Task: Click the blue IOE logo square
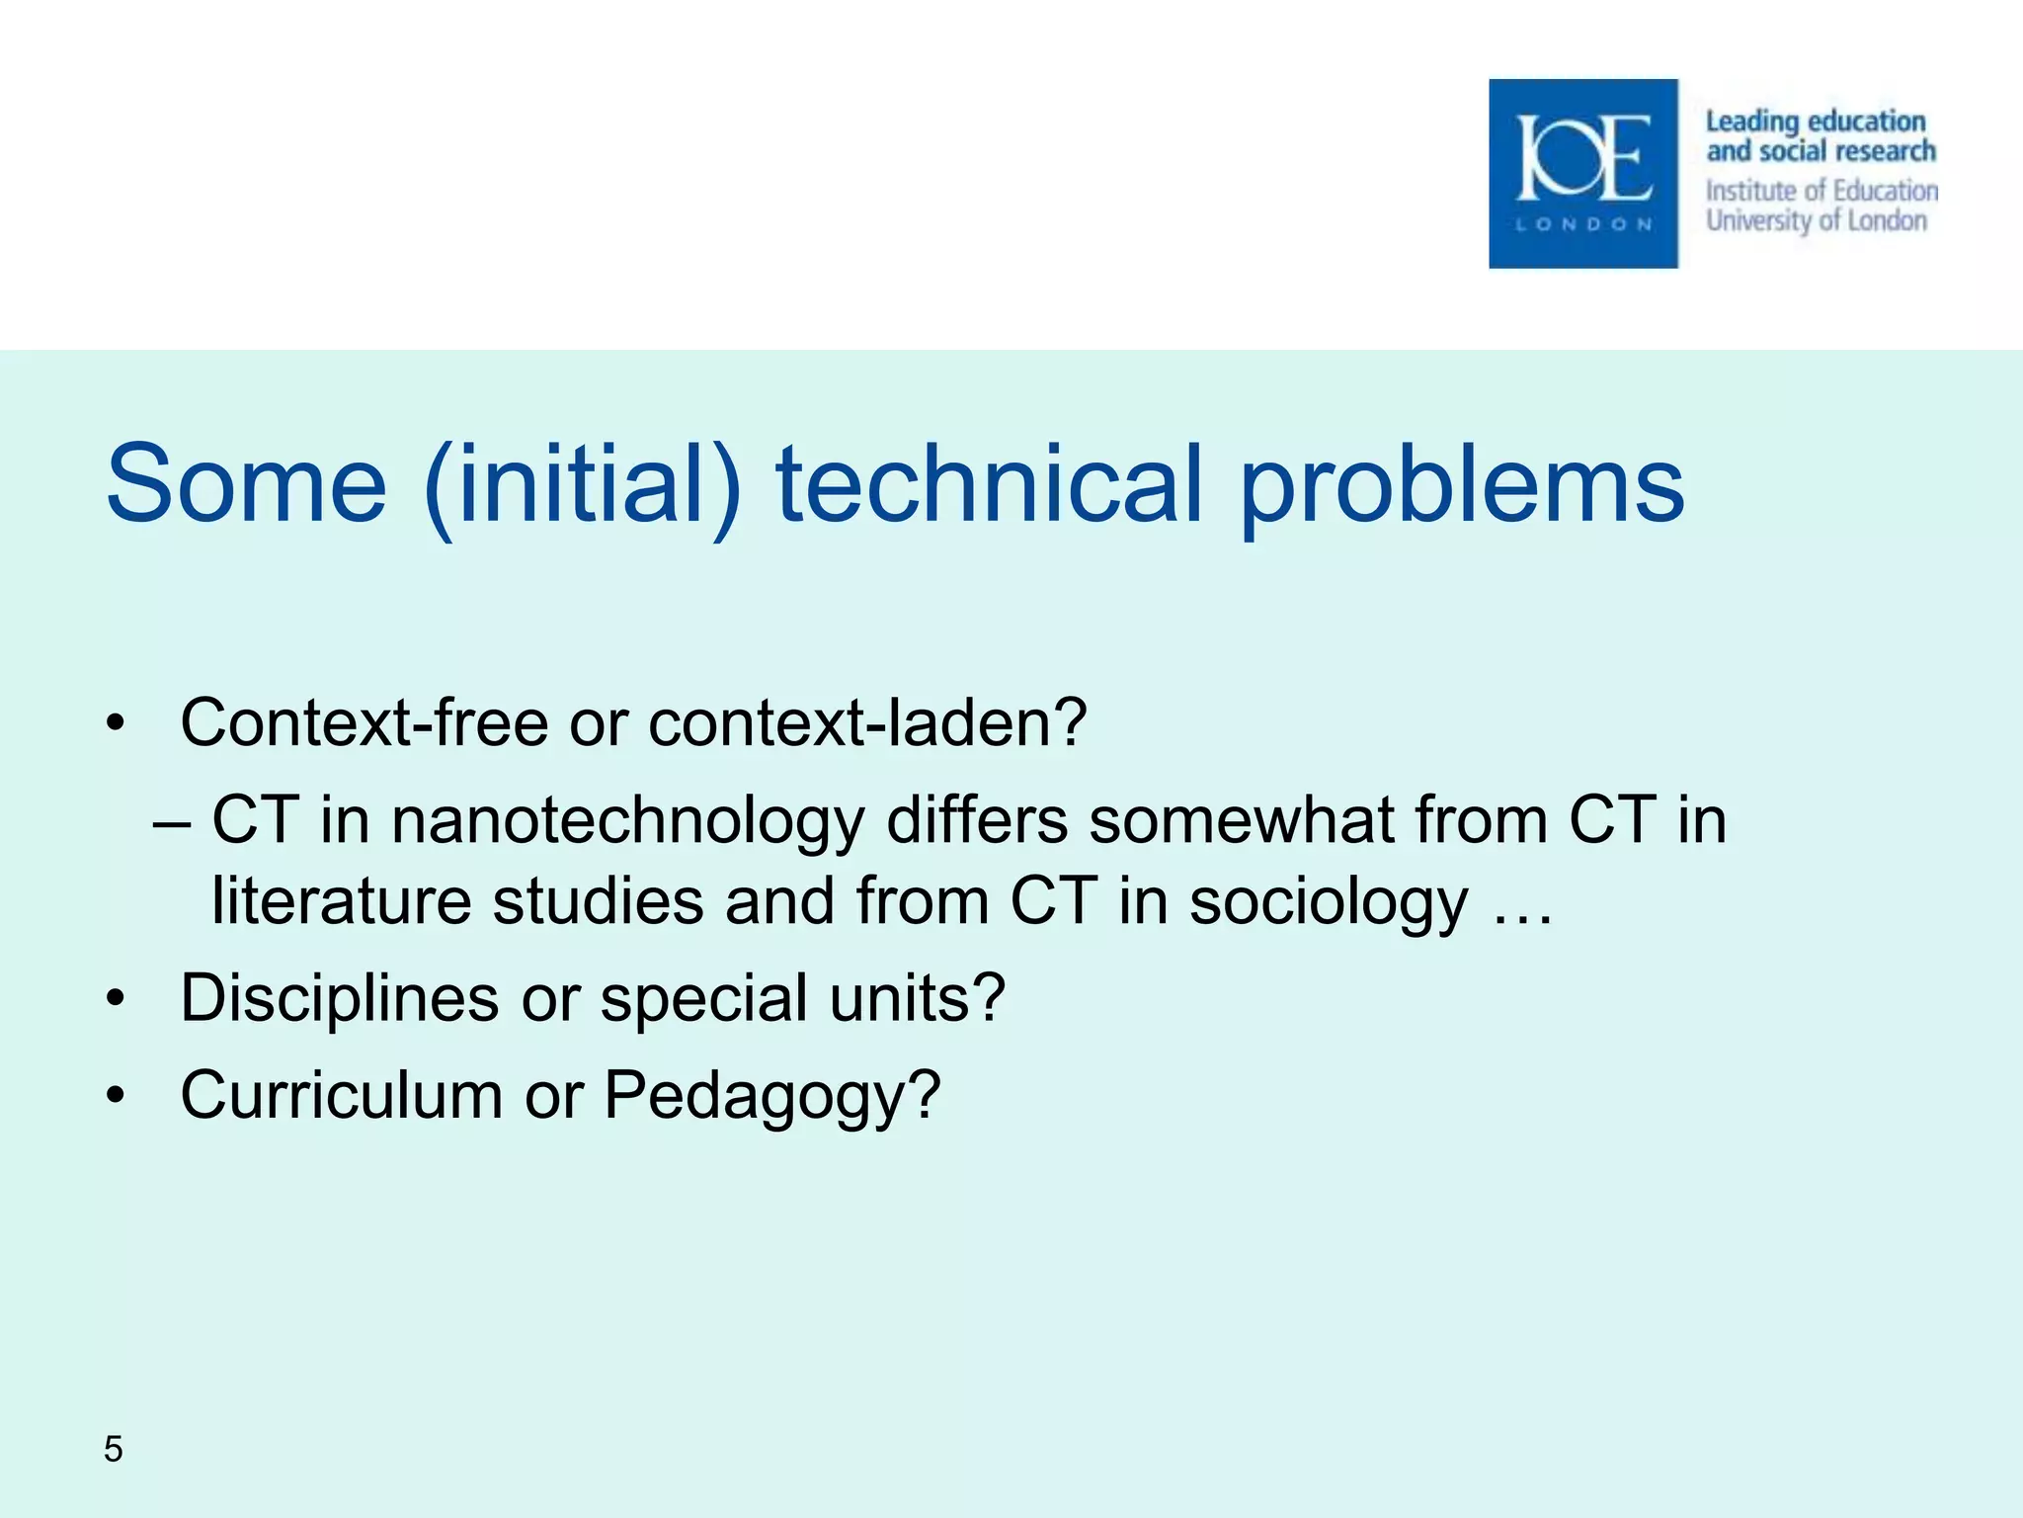(x=1582, y=173)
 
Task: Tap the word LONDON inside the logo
(x=1583, y=224)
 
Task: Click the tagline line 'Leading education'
(x=1815, y=122)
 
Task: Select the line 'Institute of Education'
(x=1821, y=190)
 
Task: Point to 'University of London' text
(x=1816, y=219)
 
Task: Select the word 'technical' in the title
(x=989, y=484)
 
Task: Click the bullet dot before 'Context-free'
(x=117, y=723)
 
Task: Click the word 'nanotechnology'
(x=628, y=822)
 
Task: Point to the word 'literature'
(x=342, y=901)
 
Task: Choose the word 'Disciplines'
(x=339, y=998)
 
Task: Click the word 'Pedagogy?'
(x=771, y=1096)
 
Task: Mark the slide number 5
(x=114, y=1449)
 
